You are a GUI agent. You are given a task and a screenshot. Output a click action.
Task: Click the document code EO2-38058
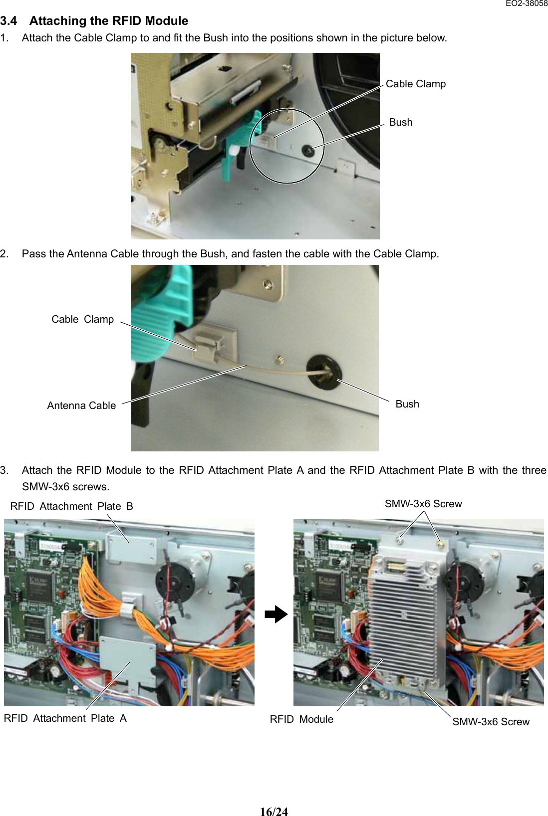[526, 3]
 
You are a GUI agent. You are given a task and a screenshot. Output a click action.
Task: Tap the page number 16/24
[274, 812]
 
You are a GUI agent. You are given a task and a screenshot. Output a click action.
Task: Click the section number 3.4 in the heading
[8, 21]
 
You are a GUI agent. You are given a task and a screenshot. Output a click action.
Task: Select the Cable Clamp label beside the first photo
[415, 84]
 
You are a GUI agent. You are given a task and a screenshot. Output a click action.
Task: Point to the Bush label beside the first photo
[400, 122]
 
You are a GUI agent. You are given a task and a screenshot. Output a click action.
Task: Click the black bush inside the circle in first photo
[307, 150]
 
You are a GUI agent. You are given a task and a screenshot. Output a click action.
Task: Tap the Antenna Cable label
[81, 406]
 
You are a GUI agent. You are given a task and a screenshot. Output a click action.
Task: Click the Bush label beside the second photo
[407, 404]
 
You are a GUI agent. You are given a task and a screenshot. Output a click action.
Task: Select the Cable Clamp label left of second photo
[82, 319]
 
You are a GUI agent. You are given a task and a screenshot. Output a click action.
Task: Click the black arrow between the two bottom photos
[276, 614]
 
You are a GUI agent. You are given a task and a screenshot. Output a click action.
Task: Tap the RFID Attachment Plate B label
[71, 506]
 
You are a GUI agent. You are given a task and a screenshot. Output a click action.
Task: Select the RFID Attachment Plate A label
[65, 718]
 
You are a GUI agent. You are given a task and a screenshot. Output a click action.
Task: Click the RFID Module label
[301, 719]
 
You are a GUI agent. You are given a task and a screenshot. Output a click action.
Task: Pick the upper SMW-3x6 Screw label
[423, 504]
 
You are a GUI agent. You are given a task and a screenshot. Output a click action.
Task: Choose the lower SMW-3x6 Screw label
[490, 722]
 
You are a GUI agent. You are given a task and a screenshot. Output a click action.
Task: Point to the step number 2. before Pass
[4, 254]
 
